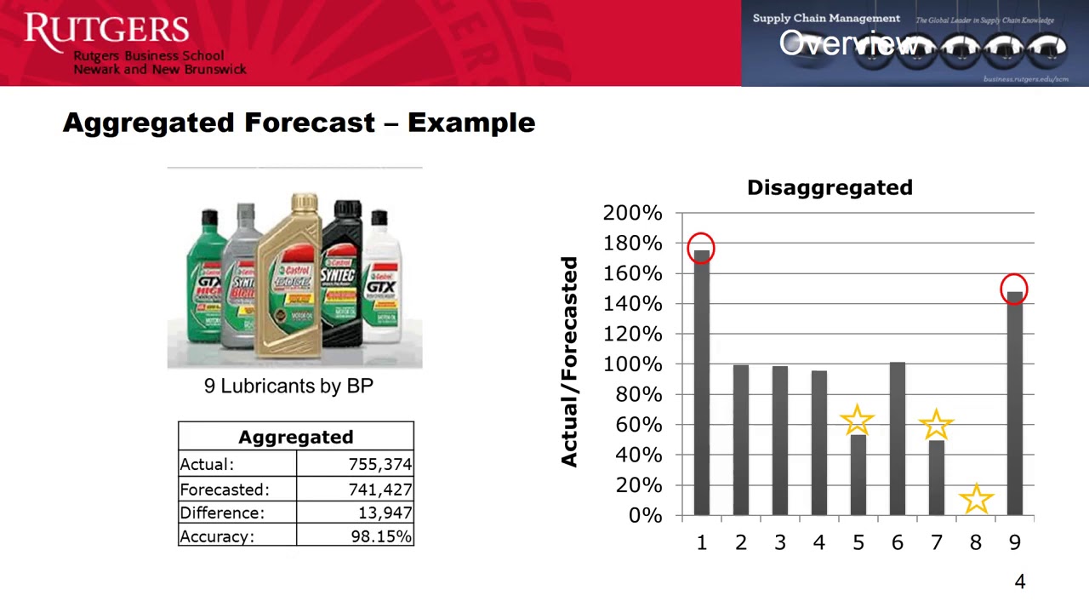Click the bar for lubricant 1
point(701,383)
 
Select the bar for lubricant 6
point(897,438)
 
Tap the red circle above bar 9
point(1014,289)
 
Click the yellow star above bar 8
point(976,499)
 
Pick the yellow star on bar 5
point(857,421)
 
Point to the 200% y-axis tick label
point(632,213)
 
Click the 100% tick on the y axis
point(632,364)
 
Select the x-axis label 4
point(818,542)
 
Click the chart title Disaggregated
point(830,187)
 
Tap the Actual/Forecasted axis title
point(569,362)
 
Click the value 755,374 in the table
point(379,464)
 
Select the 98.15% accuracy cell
point(381,536)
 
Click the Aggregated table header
point(295,437)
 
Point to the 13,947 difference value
point(385,513)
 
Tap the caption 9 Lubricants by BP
point(288,386)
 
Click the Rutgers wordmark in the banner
point(106,30)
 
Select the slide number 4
point(1019,581)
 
